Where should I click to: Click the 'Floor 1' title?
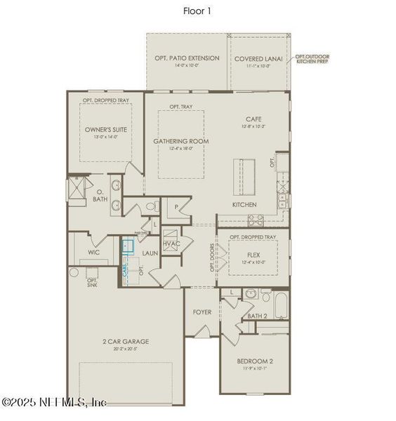[197, 11]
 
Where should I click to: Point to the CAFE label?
[253, 119]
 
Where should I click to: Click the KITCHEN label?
[245, 205]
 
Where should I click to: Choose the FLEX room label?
[253, 255]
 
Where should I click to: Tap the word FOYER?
[202, 312]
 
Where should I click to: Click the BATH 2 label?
[258, 316]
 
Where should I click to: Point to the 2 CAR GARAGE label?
[126, 342]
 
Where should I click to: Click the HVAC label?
[172, 243]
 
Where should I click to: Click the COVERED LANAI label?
[258, 59]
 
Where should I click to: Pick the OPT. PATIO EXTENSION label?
[186, 58]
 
